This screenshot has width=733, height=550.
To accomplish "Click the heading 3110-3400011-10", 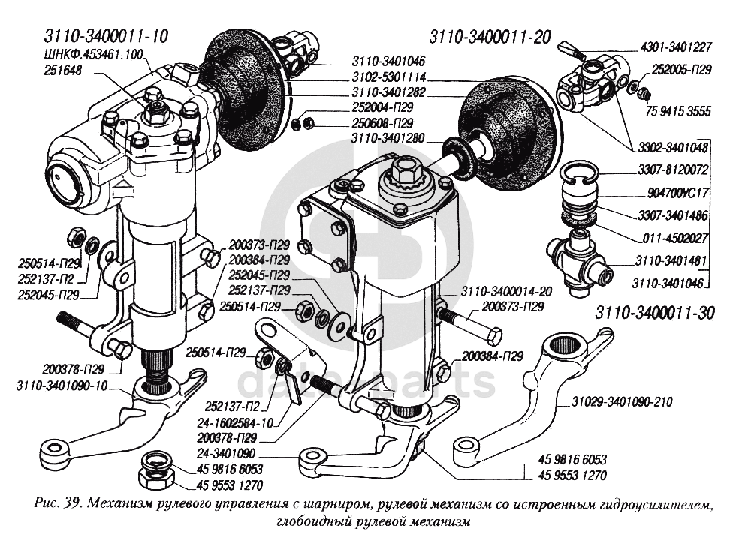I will (x=105, y=35).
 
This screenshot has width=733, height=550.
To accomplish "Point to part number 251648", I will (x=63, y=70).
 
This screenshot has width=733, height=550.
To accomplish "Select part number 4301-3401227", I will (x=676, y=47).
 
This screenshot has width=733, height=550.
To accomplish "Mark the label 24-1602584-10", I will (x=232, y=422).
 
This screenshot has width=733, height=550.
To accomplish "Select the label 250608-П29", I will (x=382, y=122).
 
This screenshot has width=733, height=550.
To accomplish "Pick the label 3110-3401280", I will (x=385, y=138).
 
